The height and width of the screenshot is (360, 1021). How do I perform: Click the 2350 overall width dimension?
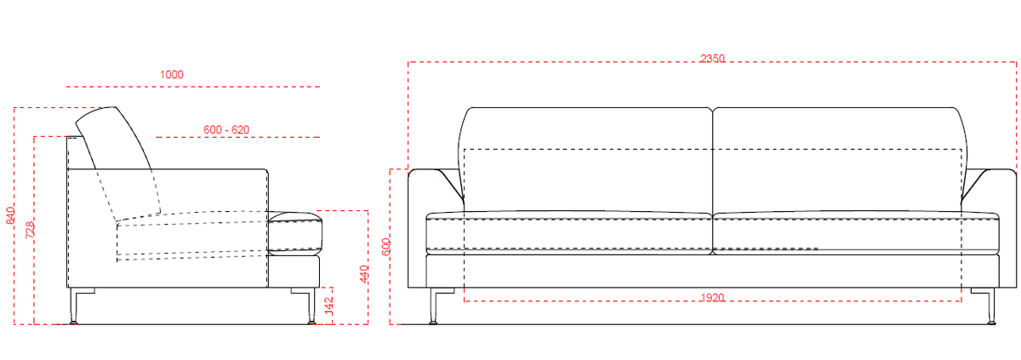[x=712, y=59]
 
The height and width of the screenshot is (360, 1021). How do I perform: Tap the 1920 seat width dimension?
[x=712, y=298]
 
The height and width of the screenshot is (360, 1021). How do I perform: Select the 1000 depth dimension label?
[x=171, y=75]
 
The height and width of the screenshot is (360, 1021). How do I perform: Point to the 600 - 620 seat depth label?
[x=226, y=130]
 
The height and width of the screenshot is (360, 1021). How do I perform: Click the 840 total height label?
[x=10, y=215]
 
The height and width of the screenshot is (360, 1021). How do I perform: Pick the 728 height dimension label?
[x=30, y=230]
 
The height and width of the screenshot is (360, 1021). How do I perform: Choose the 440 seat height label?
[x=364, y=274]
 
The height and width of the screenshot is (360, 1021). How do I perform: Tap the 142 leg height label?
[x=328, y=306]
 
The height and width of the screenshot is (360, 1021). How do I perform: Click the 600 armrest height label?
[x=386, y=247]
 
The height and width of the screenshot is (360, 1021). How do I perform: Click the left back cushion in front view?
[x=585, y=159]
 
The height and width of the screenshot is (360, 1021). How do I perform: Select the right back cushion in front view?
[x=839, y=159]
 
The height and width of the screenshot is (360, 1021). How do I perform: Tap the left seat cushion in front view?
[x=569, y=233]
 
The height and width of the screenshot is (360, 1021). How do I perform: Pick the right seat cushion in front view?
[x=856, y=233]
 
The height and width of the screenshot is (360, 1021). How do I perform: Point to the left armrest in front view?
[x=417, y=228]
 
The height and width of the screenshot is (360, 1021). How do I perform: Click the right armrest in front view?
[x=1007, y=228]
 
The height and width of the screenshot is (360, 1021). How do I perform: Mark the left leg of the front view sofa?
[x=433, y=306]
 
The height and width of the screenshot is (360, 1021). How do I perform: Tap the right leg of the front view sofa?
[x=991, y=306]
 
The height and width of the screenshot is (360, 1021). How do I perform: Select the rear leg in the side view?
[x=74, y=306]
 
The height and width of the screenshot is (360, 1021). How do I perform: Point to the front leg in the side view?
[x=311, y=306]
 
